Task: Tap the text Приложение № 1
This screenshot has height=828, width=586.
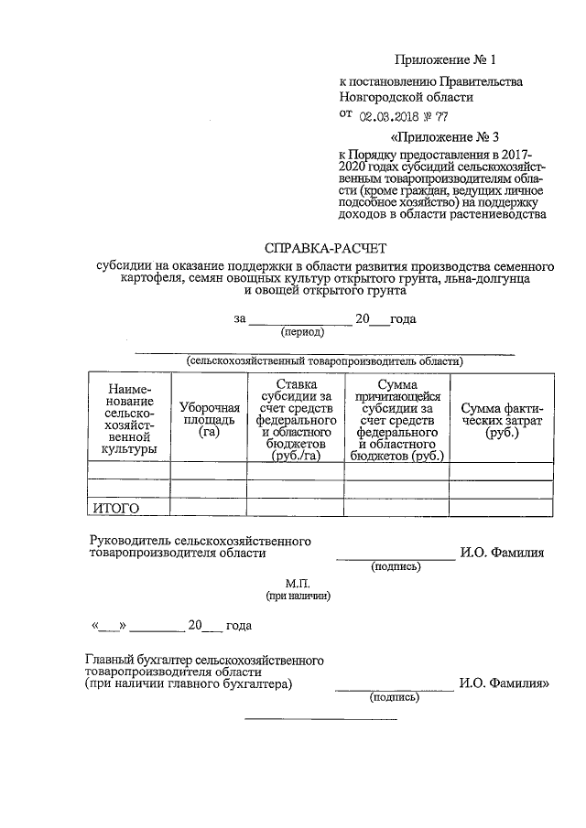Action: [445, 60]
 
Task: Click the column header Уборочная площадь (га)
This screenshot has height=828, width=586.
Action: [209, 419]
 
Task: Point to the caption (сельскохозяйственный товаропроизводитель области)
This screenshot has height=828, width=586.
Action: [324, 360]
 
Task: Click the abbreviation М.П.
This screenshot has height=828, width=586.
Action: [298, 583]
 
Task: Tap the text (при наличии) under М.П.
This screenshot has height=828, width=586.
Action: [298, 596]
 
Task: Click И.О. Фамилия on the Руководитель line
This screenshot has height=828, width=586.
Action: [503, 553]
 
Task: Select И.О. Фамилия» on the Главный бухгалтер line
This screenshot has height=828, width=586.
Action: [505, 683]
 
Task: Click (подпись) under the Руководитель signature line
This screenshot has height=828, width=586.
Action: [395, 567]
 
